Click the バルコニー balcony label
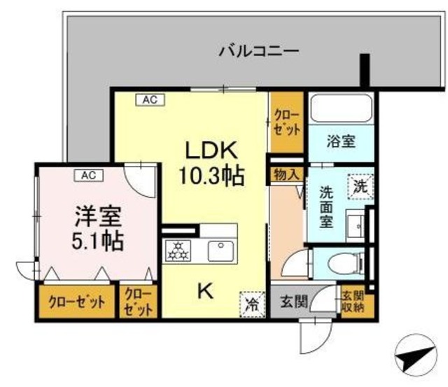point(258,51)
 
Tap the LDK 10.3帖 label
point(213,162)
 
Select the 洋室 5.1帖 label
point(98,229)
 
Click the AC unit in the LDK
point(150,100)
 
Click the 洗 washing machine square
point(360,187)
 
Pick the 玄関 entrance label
point(294,302)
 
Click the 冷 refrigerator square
point(251,303)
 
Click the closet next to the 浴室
point(287,124)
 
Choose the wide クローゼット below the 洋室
point(77,302)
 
